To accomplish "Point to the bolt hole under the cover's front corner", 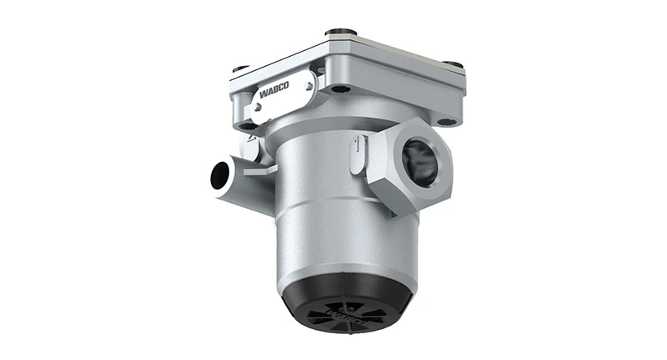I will (339, 89).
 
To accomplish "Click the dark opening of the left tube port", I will (220, 174).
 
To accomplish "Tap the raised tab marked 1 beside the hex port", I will (358, 154).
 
